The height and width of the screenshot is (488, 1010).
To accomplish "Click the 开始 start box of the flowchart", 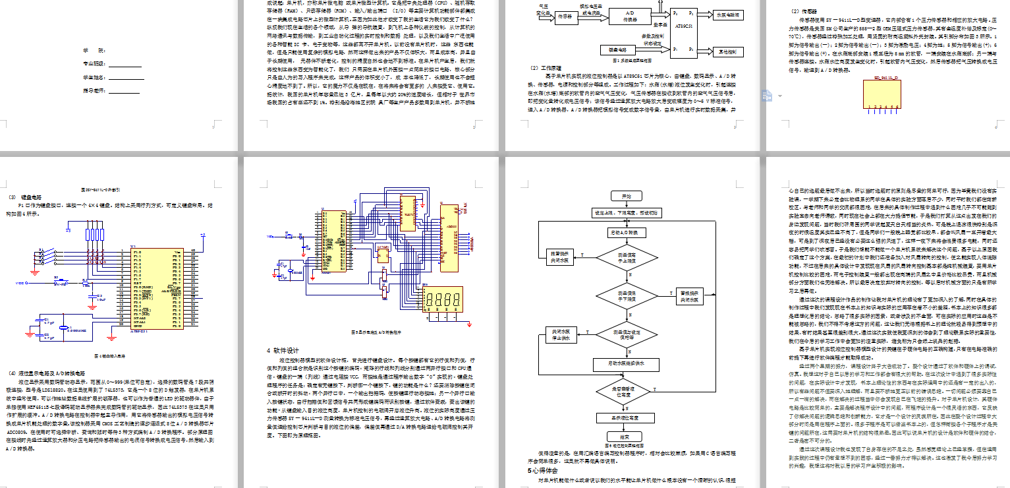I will pos(625,196).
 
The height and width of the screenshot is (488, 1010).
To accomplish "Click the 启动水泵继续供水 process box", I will pos(625,362).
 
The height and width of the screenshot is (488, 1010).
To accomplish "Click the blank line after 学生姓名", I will pos(125,78).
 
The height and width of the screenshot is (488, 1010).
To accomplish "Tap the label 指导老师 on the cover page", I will pos(94,90).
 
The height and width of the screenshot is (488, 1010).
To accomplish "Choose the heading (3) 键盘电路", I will pos(24,197).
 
